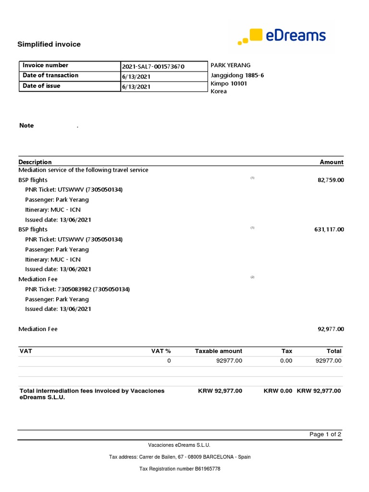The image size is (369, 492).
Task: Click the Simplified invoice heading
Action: (49, 44)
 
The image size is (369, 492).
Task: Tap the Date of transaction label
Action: (50, 75)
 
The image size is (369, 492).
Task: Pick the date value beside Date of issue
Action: (137, 87)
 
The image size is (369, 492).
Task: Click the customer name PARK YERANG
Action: (231, 65)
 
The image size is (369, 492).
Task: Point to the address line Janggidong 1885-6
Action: (237, 75)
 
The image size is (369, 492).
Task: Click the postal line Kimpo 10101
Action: (229, 84)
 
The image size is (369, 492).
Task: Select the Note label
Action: (26, 125)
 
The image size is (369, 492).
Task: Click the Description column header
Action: (35, 162)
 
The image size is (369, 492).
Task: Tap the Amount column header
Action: (332, 162)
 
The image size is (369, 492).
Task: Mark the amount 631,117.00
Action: (329, 230)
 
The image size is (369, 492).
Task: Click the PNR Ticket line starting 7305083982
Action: (77, 289)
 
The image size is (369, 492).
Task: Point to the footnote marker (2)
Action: (252, 277)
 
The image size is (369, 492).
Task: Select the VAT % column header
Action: (161, 351)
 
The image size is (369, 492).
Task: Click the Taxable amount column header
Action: (219, 351)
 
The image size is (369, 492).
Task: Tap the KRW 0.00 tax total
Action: (278, 391)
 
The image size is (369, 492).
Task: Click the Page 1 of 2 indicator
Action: (325, 434)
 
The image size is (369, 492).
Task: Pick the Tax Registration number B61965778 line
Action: (180, 468)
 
